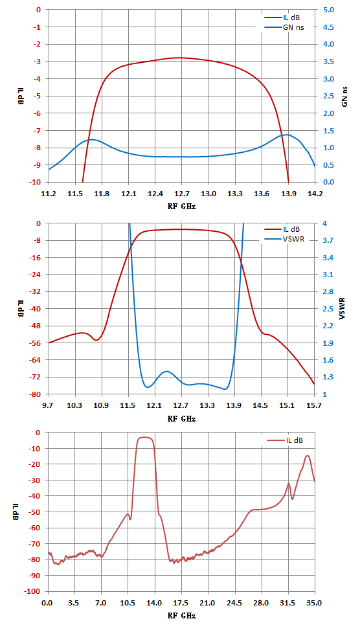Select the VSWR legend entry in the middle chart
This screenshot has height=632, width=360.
point(282,240)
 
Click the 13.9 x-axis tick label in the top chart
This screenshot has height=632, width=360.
point(288,194)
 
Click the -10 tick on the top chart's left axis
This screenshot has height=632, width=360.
point(36,182)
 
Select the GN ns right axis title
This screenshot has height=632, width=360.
point(344,96)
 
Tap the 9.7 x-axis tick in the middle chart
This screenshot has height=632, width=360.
point(48,405)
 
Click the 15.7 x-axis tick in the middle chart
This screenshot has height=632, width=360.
point(314,405)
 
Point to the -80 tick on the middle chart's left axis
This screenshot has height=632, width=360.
point(36,394)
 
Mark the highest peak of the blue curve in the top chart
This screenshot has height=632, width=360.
point(287,135)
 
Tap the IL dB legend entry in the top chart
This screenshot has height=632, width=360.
point(282,17)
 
